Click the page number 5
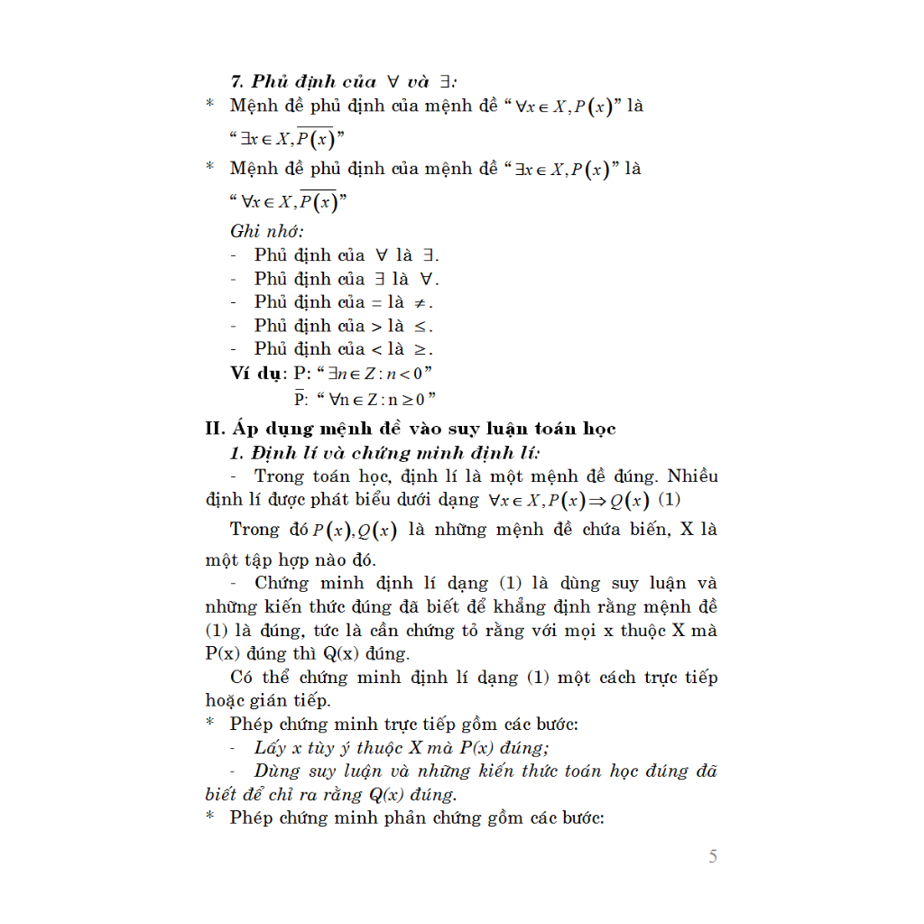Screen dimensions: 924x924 click(713, 857)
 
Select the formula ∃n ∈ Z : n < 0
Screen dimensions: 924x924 click(371, 374)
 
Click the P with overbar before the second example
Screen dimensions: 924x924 click(300, 397)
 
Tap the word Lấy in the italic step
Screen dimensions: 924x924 click(271, 748)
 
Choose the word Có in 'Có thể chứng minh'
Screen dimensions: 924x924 click(242, 678)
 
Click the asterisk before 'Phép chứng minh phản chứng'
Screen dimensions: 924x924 click(210, 818)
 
